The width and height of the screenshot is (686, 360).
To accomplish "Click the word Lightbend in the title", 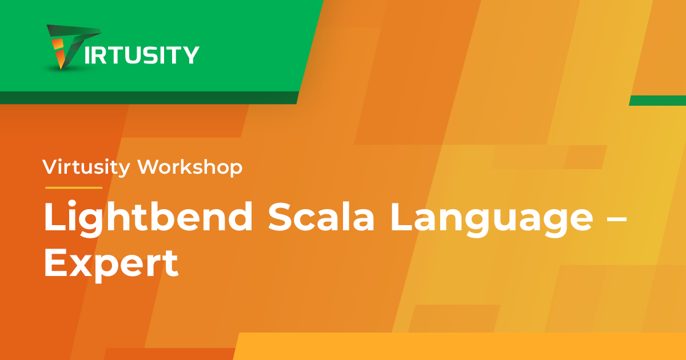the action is click(x=149, y=218).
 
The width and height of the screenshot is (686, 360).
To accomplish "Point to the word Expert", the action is click(x=111, y=265).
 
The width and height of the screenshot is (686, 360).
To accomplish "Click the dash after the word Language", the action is click(x=616, y=219).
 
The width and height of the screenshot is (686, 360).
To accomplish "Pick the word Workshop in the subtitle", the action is click(x=190, y=167).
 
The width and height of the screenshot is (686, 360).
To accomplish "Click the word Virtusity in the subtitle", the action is click(x=86, y=167).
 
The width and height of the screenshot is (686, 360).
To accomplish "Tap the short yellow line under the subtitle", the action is click(x=74, y=187).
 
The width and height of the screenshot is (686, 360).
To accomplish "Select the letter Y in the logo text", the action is click(x=190, y=55).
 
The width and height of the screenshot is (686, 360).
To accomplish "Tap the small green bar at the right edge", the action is click(x=657, y=101).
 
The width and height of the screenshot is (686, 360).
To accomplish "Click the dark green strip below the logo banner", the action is click(x=149, y=98).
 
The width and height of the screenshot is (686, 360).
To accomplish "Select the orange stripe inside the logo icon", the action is click(x=58, y=53).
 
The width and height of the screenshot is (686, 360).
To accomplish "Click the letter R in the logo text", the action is click(x=99, y=55).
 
